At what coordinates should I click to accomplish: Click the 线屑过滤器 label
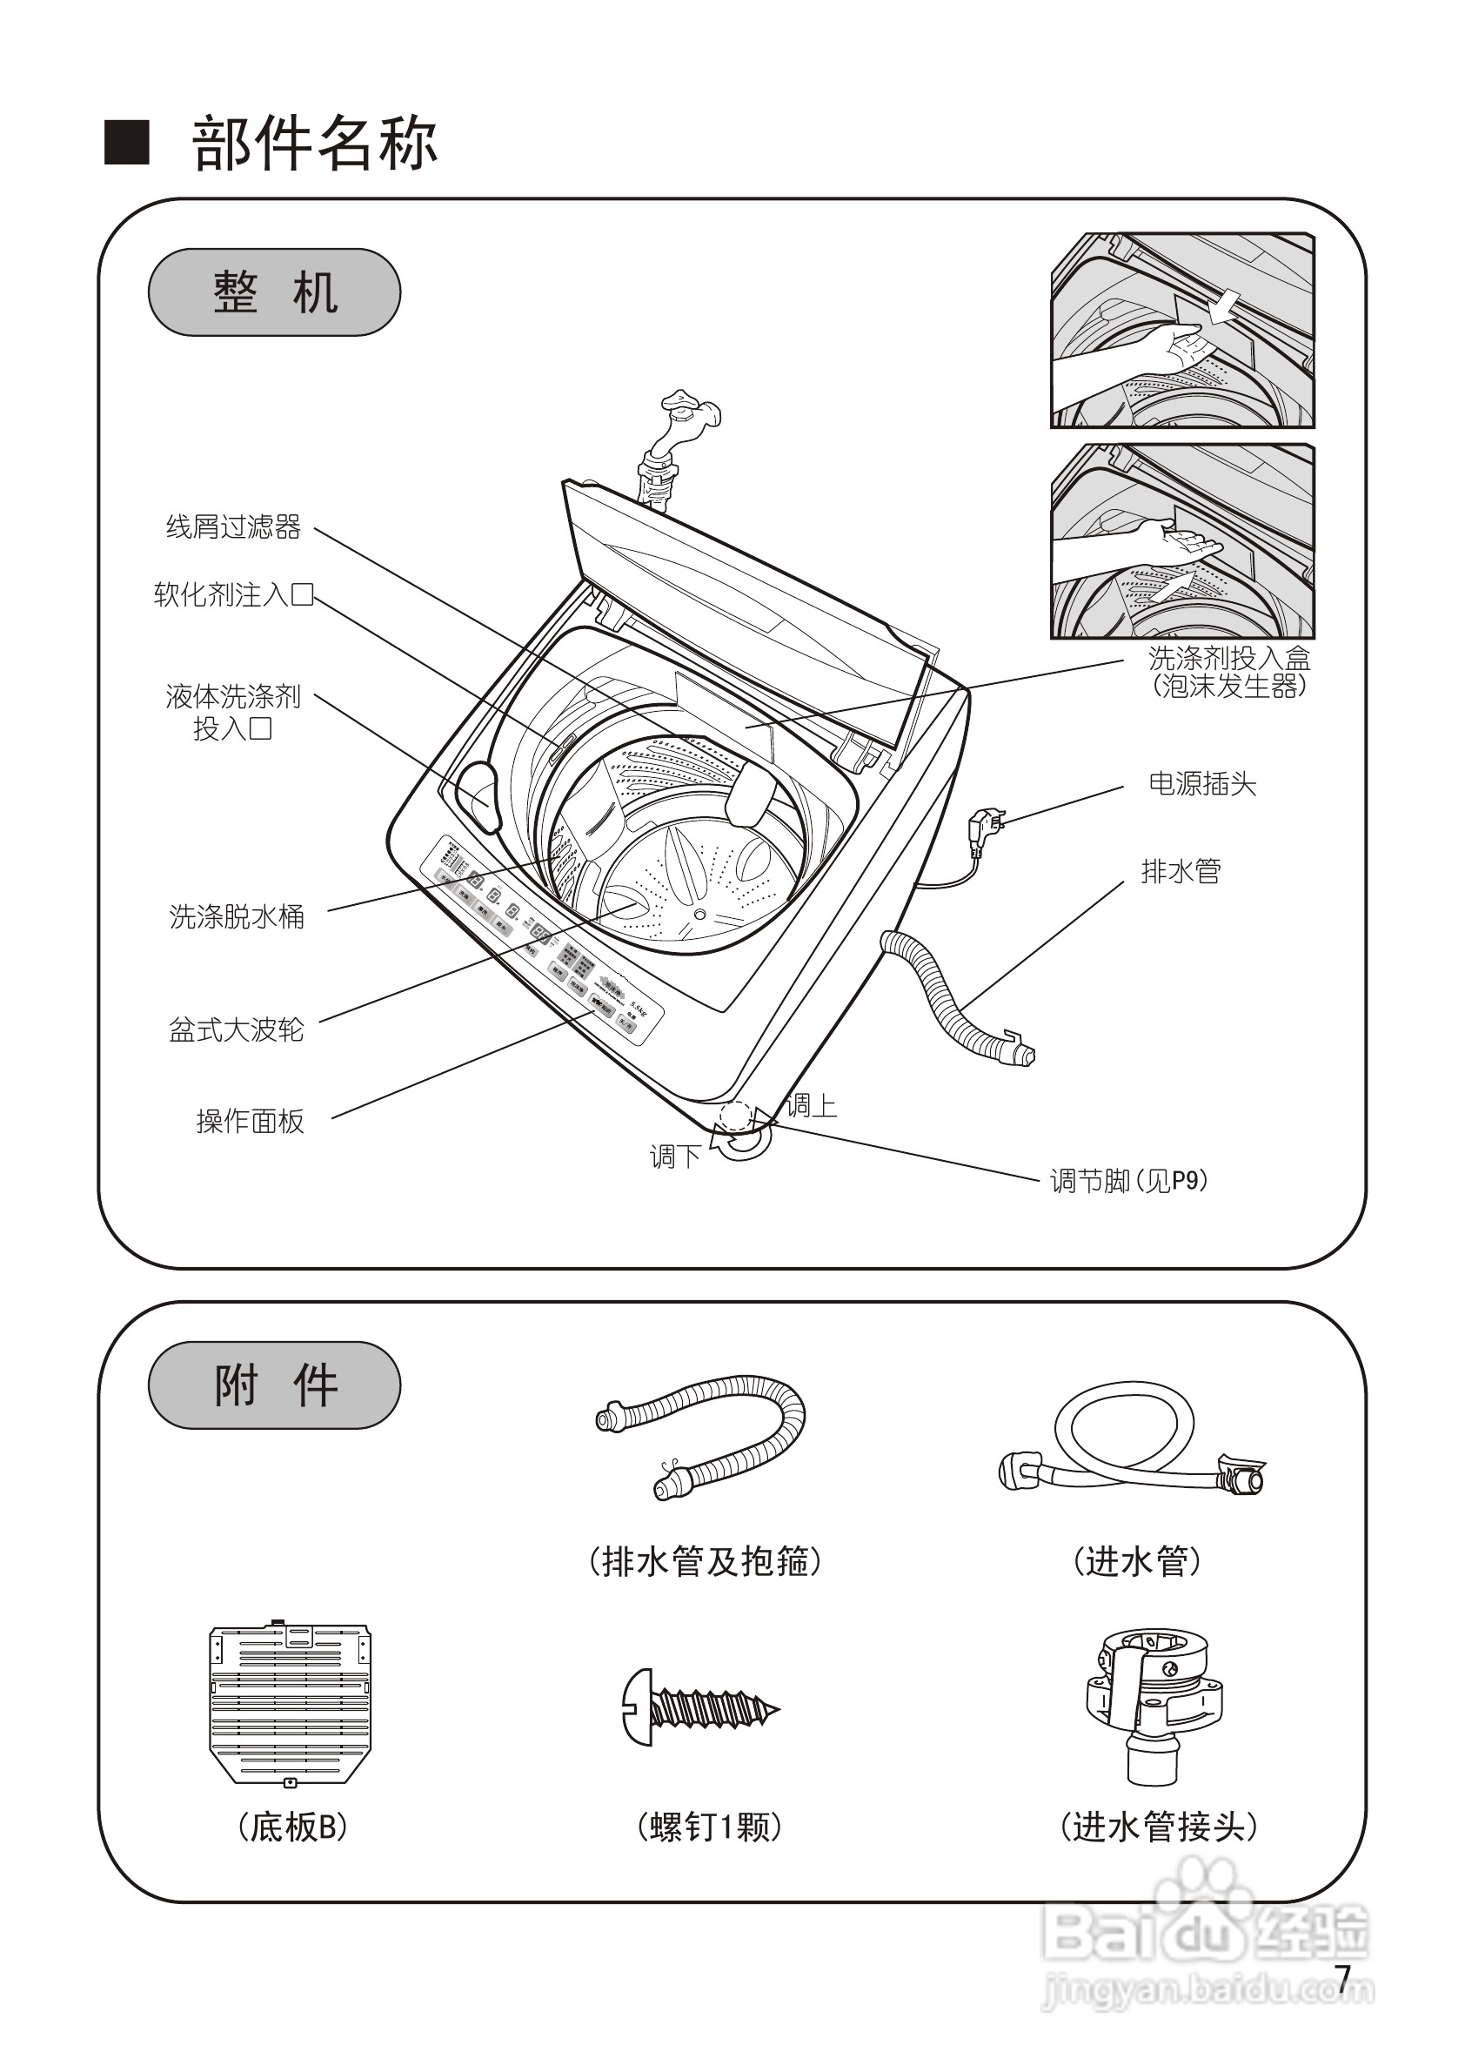(233, 527)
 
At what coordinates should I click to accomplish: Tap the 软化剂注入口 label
(233, 594)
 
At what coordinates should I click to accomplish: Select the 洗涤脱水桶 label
(237, 917)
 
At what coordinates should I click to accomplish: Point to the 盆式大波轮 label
(237, 1029)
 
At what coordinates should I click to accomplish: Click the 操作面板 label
(250, 1122)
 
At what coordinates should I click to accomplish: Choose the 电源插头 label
(1201, 784)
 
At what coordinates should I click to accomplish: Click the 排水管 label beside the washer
(1181, 872)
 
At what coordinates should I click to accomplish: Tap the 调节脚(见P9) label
(1128, 1180)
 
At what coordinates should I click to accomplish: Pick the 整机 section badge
(274, 293)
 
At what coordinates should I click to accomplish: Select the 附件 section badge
(274, 1385)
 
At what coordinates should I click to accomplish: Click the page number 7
(1343, 1979)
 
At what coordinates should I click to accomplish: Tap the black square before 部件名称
(127, 143)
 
